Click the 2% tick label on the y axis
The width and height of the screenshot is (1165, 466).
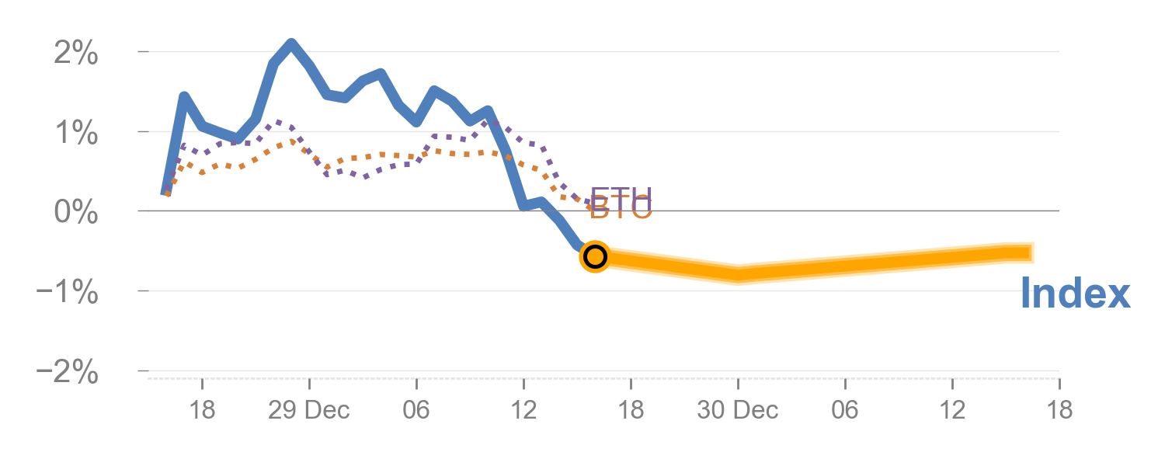click(x=77, y=54)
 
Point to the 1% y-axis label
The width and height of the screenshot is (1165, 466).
click(x=77, y=134)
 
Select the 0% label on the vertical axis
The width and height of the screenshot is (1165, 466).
click(x=75, y=213)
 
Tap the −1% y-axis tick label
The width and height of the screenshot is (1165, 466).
click(x=68, y=293)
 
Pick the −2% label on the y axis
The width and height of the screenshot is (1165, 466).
click(x=68, y=373)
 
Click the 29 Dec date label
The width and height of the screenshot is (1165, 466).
click(x=309, y=410)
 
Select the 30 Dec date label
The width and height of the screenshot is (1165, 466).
click(x=738, y=410)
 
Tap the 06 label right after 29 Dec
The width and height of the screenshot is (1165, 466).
click(x=416, y=410)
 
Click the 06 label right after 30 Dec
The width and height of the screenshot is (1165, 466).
click(x=845, y=410)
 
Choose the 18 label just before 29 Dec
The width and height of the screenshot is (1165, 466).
click(x=202, y=410)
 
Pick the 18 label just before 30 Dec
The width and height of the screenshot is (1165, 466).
click(x=631, y=410)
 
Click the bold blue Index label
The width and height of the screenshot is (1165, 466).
click(x=1075, y=294)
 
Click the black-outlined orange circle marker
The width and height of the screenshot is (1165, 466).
click(x=595, y=256)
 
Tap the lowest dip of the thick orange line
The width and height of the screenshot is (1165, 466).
click(x=738, y=275)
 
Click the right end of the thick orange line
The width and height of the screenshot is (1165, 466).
click(x=1031, y=252)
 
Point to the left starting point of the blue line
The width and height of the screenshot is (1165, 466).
click(x=165, y=192)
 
